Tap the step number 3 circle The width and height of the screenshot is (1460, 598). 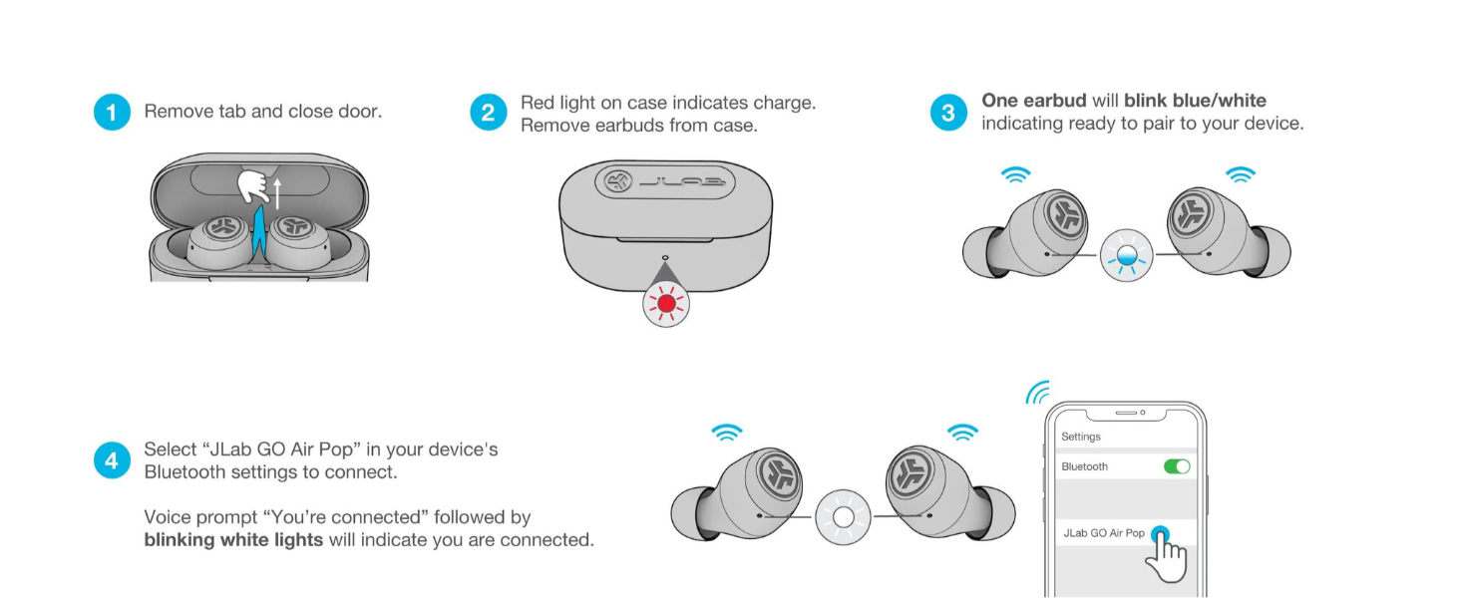point(947,113)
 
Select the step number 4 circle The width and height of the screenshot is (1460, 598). point(112,460)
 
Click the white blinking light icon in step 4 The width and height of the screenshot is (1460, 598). point(843,517)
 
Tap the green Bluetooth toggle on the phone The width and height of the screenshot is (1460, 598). point(1177,466)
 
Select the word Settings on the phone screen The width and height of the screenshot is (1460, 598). point(1081,437)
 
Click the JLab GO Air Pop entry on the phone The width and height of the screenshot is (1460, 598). point(1103,533)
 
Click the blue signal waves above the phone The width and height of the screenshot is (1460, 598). point(1038,392)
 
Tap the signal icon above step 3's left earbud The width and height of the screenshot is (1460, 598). point(1015,175)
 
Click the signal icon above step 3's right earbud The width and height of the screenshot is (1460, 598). point(1241,175)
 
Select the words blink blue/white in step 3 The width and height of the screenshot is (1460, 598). point(1195,101)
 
